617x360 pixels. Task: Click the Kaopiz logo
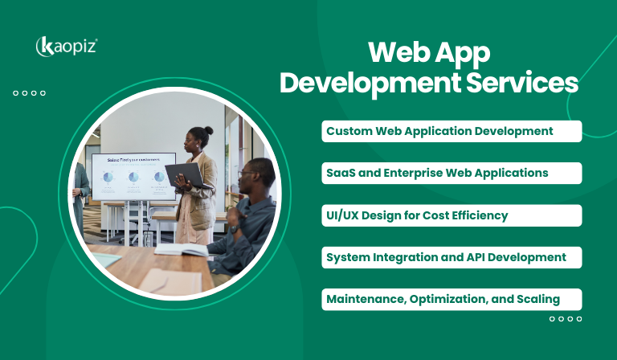[67, 47]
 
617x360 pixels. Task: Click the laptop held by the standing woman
[185, 174]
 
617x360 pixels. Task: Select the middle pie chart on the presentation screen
[133, 177]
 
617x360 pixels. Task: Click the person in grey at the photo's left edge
[80, 193]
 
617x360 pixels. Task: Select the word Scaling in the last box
[538, 300]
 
